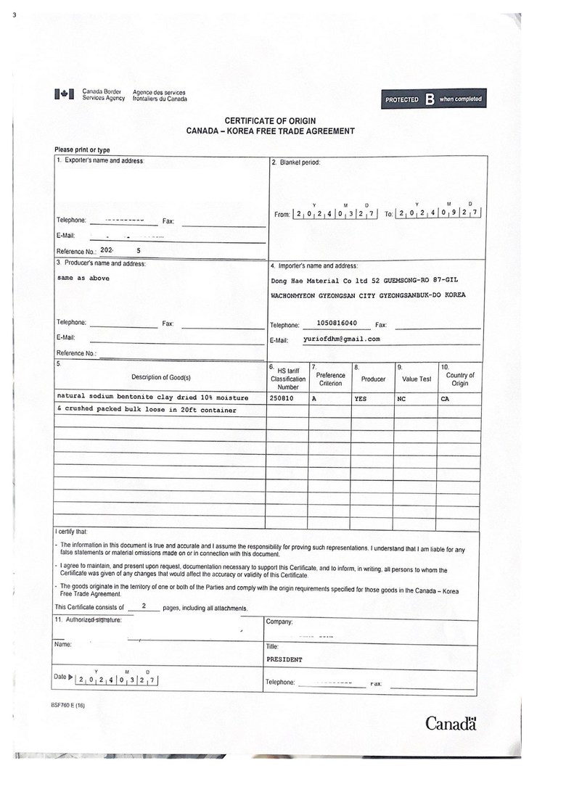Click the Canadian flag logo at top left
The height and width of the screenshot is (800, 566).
coord(64,94)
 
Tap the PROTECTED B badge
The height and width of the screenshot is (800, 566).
coord(432,99)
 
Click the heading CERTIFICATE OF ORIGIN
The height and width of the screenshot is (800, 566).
coord(270,120)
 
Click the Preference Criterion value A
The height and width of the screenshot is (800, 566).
coord(314,398)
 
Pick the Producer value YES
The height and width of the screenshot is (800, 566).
coord(361,398)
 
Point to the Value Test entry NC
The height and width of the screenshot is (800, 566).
coord(401,398)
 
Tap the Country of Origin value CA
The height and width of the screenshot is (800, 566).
coord(445,398)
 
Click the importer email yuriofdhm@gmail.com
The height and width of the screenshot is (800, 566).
coord(341,339)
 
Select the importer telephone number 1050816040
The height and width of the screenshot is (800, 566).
coord(337,323)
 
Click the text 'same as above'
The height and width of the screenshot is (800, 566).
coord(83,278)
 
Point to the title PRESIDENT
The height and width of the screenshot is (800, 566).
coord(284,660)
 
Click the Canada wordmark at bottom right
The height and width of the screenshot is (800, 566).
coord(450,723)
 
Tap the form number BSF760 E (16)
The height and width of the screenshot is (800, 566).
coord(68,706)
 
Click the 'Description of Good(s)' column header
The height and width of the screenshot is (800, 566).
coord(160,377)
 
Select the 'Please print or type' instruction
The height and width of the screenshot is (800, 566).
coord(83,149)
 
